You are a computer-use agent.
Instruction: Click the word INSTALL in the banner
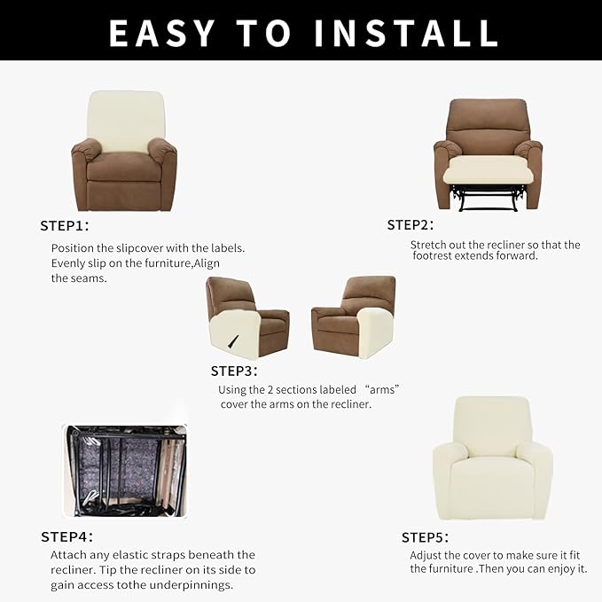click(x=406, y=33)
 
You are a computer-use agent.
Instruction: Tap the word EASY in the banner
click(x=162, y=33)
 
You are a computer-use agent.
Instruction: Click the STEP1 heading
click(x=65, y=226)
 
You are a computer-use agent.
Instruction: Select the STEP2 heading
click(x=410, y=225)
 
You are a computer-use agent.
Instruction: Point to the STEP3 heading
click(x=234, y=371)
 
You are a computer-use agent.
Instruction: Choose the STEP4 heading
click(x=66, y=536)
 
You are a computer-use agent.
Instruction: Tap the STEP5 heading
click(x=425, y=537)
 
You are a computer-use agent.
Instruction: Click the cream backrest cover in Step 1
click(x=126, y=120)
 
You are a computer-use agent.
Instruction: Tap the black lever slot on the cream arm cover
click(x=233, y=341)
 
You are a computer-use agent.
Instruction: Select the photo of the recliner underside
click(x=125, y=471)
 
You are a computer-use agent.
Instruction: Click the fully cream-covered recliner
click(x=493, y=458)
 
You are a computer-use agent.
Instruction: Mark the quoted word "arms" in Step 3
click(x=382, y=389)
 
